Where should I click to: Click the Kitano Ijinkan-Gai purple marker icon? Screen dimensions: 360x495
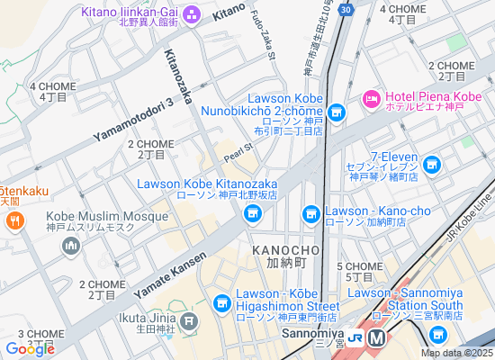click(x=192, y=15)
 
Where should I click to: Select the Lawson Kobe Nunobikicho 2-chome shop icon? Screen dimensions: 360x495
click(x=337, y=112)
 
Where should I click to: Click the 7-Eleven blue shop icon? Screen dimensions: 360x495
click(x=433, y=164)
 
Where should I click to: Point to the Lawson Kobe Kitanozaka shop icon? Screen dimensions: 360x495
click(x=252, y=212)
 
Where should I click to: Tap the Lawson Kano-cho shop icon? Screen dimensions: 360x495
click(x=311, y=213)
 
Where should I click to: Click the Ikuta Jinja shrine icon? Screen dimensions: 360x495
click(x=188, y=320)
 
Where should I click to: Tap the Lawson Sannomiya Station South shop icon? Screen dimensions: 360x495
click(x=437, y=334)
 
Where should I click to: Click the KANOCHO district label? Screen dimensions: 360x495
click(x=286, y=248)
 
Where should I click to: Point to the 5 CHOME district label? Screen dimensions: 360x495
click(x=359, y=266)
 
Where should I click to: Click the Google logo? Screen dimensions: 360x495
click(x=30, y=348)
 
